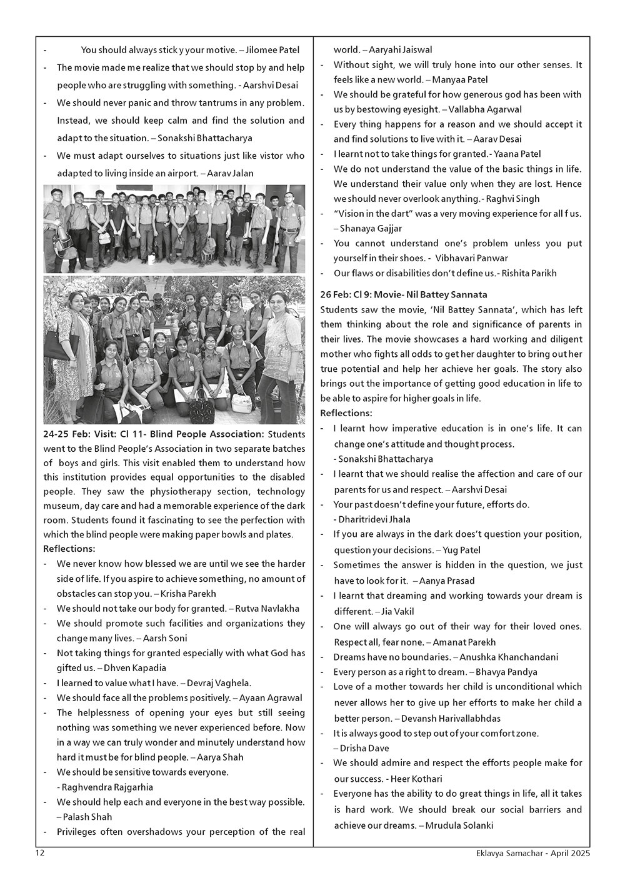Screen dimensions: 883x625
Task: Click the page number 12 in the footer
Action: (39, 852)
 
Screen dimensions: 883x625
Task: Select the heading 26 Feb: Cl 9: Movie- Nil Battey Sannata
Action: (404, 294)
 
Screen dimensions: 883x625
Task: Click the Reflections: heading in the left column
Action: (69, 549)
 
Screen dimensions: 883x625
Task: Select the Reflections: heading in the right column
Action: (346, 413)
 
